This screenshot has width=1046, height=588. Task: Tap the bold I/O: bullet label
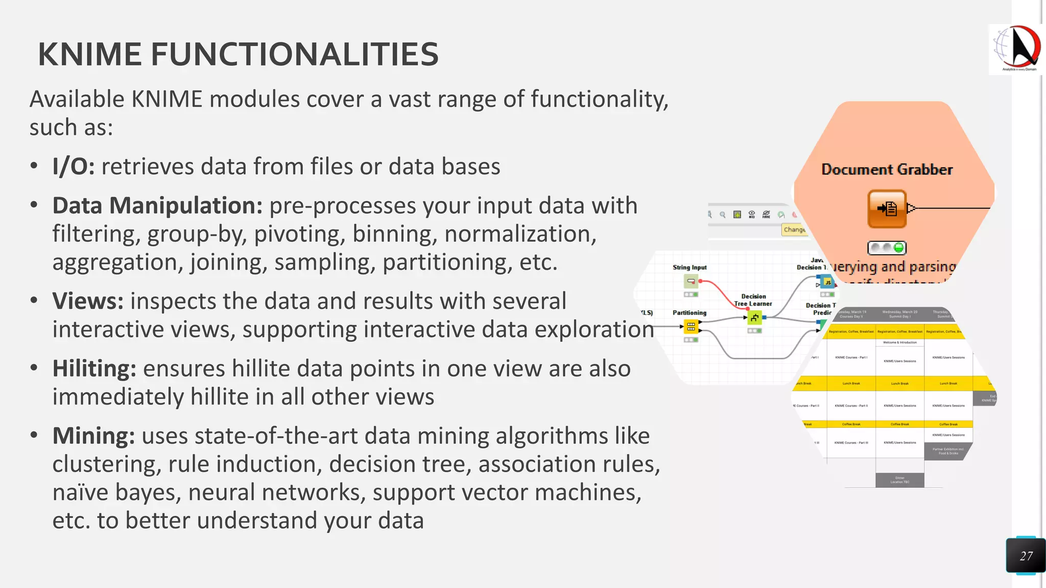tap(74, 167)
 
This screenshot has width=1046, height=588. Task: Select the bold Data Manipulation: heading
tap(157, 206)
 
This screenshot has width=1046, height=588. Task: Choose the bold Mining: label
tap(93, 436)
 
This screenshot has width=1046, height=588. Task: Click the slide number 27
tap(1026, 556)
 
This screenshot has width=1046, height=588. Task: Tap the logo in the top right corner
tap(1016, 50)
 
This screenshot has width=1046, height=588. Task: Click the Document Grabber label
tap(887, 169)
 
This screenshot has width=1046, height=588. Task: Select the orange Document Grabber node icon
tap(887, 209)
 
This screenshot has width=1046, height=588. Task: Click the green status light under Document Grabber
tap(898, 248)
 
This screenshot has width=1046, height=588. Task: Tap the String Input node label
tap(690, 267)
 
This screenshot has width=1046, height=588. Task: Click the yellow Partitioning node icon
tap(691, 326)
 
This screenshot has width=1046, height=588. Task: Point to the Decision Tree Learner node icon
tap(754, 318)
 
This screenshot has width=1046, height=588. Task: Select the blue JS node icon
tap(827, 282)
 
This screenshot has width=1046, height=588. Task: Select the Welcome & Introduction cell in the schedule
tap(899, 342)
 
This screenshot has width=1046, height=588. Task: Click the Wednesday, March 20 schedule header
tap(899, 314)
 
